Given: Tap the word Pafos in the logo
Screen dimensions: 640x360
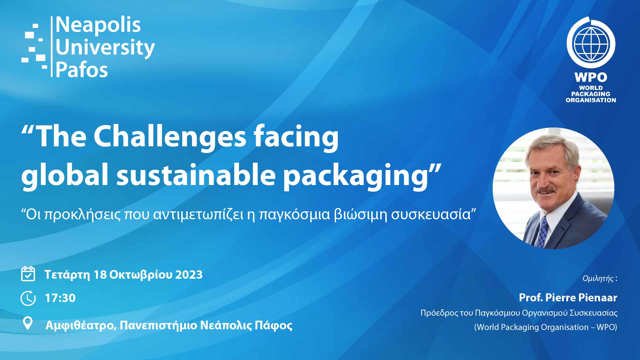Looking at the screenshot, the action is (82, 70).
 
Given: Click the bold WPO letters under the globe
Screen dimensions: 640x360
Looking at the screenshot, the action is (591, 77).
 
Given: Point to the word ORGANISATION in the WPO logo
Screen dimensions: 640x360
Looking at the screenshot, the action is (591, 100).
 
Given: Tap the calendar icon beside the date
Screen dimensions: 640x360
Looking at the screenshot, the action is (28, 274).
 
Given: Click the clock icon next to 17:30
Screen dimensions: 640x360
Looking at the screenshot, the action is (28, 298).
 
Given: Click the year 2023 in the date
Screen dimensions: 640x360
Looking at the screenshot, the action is (189, 275).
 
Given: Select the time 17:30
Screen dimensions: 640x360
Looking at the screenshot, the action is (60, 298).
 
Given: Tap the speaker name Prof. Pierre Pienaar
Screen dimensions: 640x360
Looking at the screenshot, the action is (568, 297).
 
